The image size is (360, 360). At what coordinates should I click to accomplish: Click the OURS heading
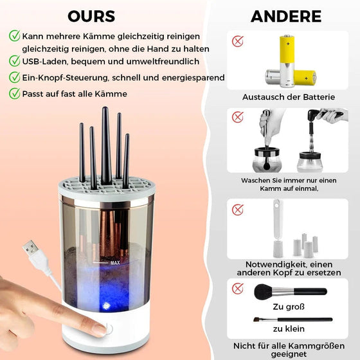tap(91, 16)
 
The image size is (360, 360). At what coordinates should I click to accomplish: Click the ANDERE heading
tap(286, 16)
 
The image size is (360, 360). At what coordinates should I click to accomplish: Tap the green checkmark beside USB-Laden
tap(14, 60)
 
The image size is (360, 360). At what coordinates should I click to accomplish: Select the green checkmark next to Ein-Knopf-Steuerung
tap(14, 77)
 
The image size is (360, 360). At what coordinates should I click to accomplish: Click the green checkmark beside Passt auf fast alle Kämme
tap(14, 94)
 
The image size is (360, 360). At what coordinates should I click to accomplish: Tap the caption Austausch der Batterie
tap(289, 97)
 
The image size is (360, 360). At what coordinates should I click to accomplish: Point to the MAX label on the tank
tap(115, 262)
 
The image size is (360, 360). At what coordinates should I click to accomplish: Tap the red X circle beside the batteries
tap(238, 41)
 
